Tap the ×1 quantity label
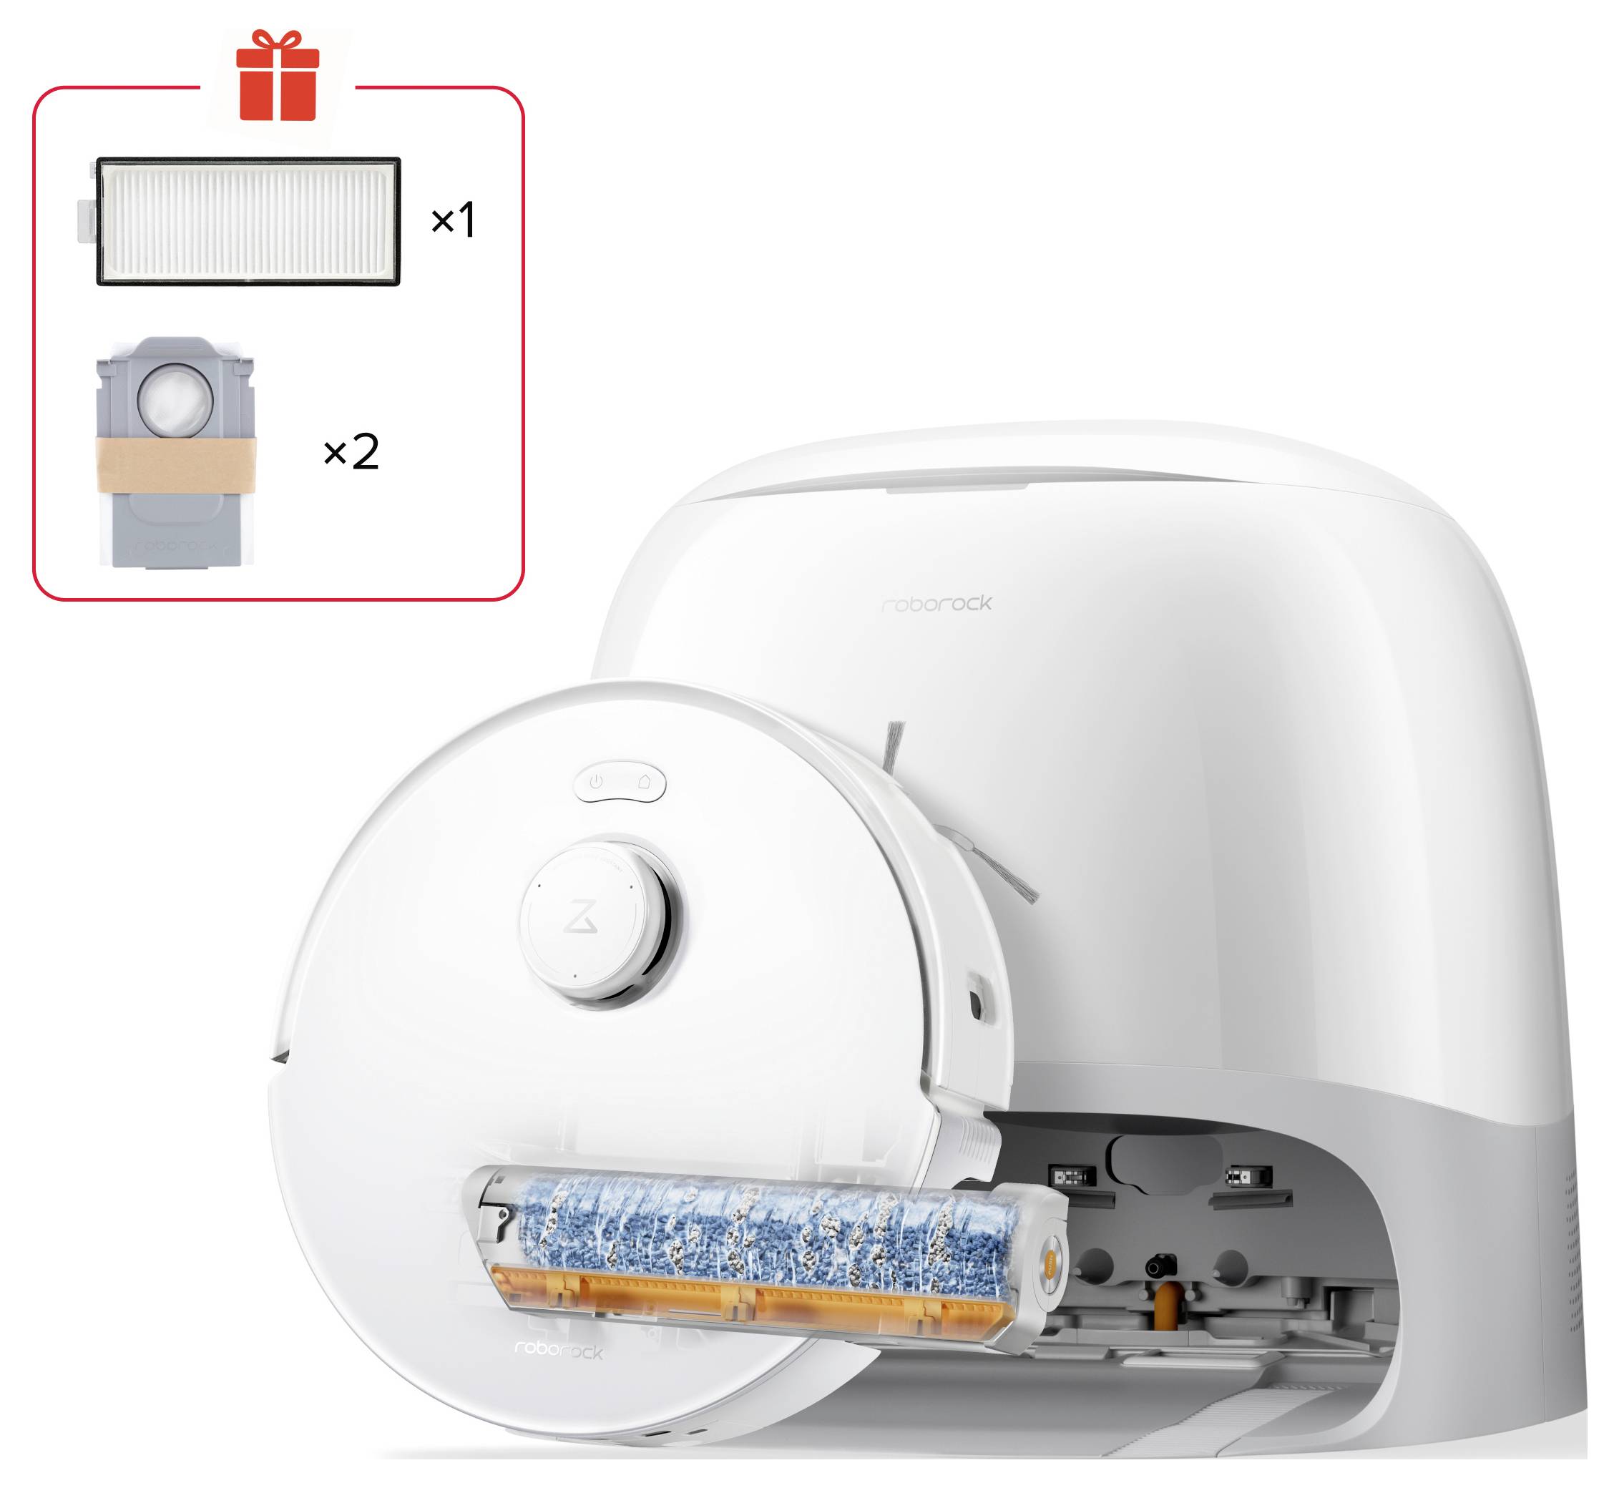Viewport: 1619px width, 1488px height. (x=454, y=220)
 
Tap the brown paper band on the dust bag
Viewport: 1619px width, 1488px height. (x=176, y=466)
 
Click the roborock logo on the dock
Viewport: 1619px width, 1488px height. (x=936, y=604)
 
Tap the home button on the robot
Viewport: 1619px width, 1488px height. (x=644, y=782)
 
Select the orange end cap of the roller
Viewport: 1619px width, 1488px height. (x=1052, y=1258)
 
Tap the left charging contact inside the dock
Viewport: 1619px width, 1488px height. (x=1073, y=1176)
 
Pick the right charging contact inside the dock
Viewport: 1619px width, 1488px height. (x=1247, y=1176)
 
